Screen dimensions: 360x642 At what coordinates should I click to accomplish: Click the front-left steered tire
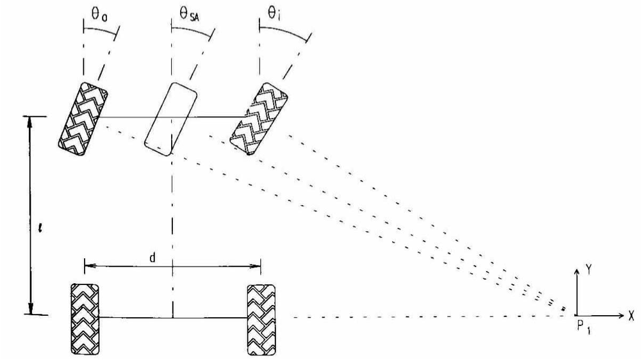83,118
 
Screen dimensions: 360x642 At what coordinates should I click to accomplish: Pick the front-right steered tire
259,119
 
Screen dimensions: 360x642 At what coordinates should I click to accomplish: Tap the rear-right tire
261,318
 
